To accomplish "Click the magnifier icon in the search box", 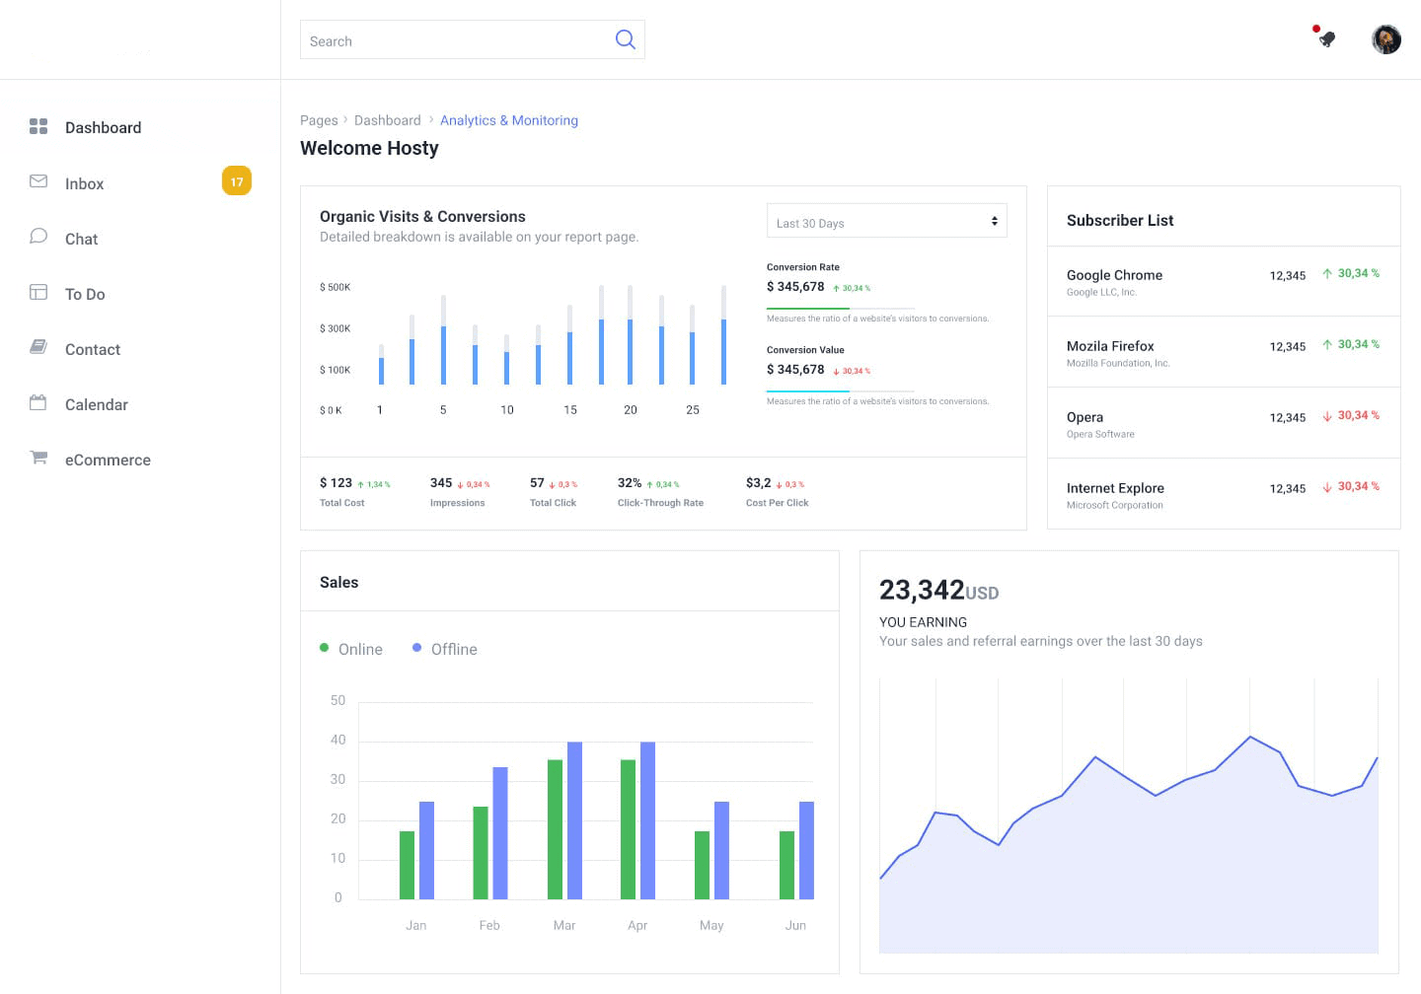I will pyautogui.click(x=625, y=39).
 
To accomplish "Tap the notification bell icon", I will pyautogui.click(x=1327, y=39).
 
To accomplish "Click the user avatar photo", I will pyautogui.click(x=1385, y=39).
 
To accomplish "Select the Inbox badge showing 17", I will pyautogui.click(x=237, y=181).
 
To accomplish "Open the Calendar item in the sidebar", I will pyautogui.click(x=96, y=404).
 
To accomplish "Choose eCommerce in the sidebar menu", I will pyautogui.click(x=108, y=460).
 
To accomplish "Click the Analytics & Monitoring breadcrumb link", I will pyautogui.click(x=508, y=120).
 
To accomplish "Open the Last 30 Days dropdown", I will pyautogui.click(x=886, y=222).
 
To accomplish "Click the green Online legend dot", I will pyautogui.click(x=324, y=648).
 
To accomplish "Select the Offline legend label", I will pyautogui.click(x=454, y=649).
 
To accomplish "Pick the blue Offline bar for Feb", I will pyautogui.click(x=500, y=833).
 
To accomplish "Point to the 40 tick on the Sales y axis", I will pyautogui.click(x=337, y=740).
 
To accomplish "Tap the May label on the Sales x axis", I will pyautogui.click(x=711, y=925).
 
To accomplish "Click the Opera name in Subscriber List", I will pyautogui.click(x=1084, y=417).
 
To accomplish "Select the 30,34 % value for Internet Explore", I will pyautogui.click(x=1358, y=486).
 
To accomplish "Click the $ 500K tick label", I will pyautogui.click(x=335, y=287).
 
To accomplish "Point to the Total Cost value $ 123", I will pyautogui.click(x=336, y=483).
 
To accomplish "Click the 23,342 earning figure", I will pyautogui.click(x=922, y=590).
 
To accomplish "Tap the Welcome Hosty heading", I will pyautogui.click(x=369, y=148).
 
